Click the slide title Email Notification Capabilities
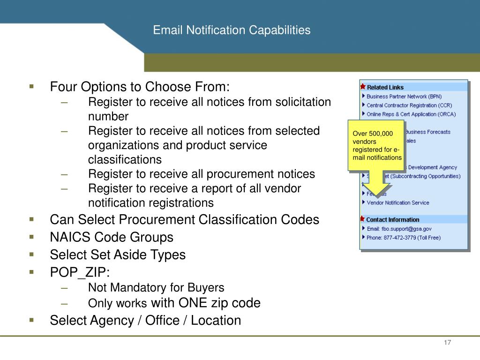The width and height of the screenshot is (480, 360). pos(232,30)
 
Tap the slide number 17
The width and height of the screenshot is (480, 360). pos(447,343)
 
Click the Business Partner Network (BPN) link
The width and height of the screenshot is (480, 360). pos(404,97)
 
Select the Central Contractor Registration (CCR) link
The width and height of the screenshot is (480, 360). pos(407,105)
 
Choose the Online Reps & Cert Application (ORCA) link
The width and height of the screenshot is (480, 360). pos(411,114)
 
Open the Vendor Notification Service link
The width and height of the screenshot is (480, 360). pos(397,203)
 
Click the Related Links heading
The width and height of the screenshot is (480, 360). pos(385,87)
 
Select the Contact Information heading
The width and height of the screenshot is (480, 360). pos(392,219)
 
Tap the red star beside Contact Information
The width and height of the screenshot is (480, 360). pos(362,219)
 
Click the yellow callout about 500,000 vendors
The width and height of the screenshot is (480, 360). pos(377,146)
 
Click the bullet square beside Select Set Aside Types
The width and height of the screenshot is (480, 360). pos(31,255)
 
